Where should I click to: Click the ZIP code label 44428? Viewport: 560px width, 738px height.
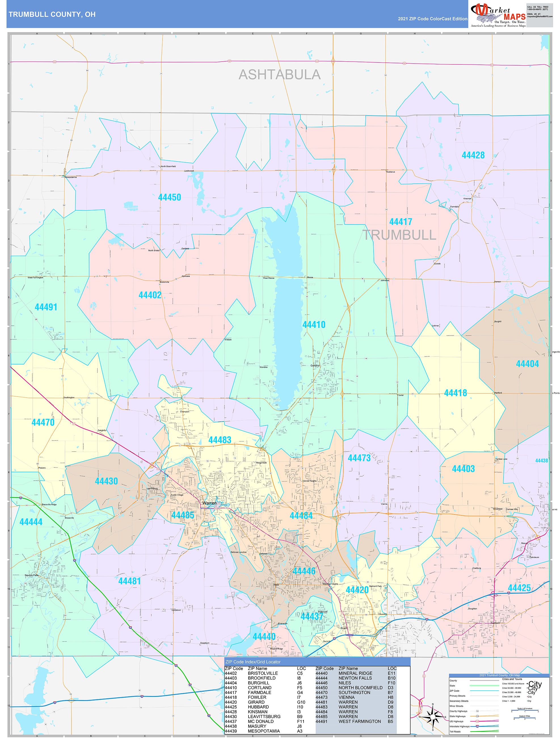point(473,155)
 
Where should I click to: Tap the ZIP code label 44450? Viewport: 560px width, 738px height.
point(169,197)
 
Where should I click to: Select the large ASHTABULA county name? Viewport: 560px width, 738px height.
point(279,75)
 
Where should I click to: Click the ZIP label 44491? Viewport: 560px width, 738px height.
point(46,307)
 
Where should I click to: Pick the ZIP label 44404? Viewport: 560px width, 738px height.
point(527,364)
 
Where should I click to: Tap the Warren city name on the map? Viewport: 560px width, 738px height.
point(209,503)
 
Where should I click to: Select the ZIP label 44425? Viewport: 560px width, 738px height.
point(519,588)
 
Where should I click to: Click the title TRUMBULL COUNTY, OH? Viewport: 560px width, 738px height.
point(52,14)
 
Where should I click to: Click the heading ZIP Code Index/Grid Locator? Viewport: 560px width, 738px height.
point(253,662)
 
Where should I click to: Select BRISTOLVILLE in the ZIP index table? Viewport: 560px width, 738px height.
point(263,673)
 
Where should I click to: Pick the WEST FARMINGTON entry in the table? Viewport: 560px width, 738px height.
point(359,721)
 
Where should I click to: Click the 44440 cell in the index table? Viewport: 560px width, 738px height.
point(321,673)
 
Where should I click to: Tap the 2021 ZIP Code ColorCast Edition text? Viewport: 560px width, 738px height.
point(432,19)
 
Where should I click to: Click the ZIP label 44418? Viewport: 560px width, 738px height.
point(455,393)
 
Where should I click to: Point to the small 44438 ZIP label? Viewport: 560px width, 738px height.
point(541,460)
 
